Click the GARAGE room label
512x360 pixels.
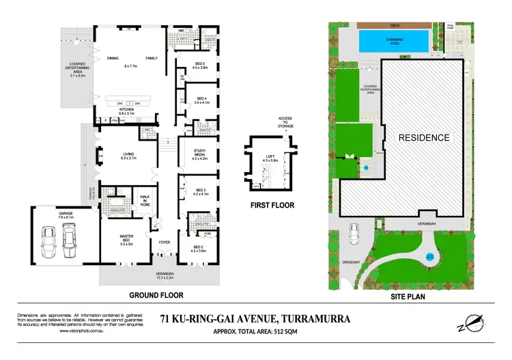pyautogui.click(x=66, y=214)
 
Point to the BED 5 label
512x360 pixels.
pyautogui.click(x=199, y=65)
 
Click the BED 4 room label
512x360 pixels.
pyautogui.click(x=199, y=98)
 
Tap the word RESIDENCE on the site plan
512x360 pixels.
pyautogui.click(x=425, y=137)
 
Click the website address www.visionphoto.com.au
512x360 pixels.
pyautogui.click(x=48, y=330)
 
